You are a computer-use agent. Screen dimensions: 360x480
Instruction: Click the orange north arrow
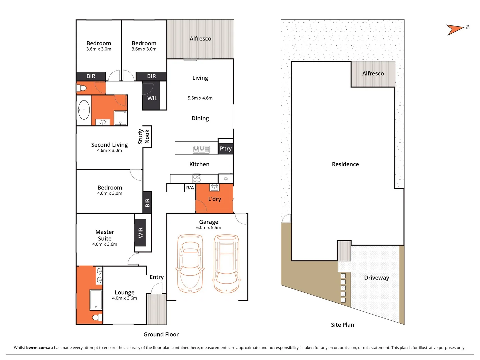454,30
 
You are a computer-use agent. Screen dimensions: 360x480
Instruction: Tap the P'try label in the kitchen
226,149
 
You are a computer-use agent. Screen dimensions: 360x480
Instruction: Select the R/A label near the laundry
190,188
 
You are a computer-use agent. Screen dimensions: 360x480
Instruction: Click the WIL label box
152,98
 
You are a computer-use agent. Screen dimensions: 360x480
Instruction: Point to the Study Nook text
144,137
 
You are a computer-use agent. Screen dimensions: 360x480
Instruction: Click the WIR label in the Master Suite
140,233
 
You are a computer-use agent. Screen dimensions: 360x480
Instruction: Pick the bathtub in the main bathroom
84,110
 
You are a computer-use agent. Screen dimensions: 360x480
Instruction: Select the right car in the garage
227,263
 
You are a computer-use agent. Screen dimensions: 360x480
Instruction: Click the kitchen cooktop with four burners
197,178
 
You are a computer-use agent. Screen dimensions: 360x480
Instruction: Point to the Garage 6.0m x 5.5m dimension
209,228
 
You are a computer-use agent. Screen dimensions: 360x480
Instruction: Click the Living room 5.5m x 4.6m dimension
200,98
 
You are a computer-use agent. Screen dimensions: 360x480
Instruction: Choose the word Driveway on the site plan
376,278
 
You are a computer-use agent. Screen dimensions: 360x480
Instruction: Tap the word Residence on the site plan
345,164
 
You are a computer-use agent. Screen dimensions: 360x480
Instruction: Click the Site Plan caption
342,325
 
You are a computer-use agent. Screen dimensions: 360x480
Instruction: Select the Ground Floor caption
161,334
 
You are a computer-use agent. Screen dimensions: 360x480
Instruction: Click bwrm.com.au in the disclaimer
39,348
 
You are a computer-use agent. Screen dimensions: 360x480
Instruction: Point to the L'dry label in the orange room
215,199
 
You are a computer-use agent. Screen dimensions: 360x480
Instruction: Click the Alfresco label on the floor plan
200,39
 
